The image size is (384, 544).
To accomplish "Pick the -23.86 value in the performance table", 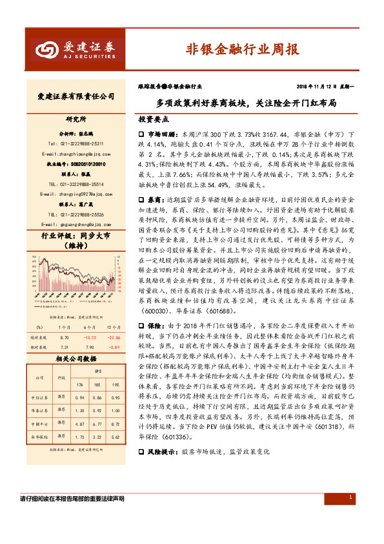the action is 114,319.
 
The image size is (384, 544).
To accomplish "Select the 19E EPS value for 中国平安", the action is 114,424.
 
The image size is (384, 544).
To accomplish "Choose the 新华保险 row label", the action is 37,437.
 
